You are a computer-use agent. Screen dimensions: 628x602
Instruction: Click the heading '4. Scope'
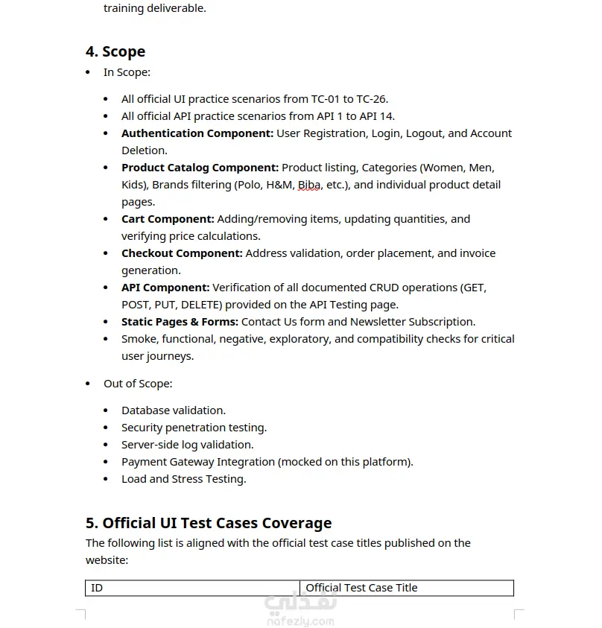pyautogui.click(x=115, y=51)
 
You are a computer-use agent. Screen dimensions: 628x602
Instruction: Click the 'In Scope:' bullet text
pyautogui.click(x=127, y=72)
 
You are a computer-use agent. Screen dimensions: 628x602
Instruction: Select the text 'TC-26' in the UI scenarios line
pyautogui.click(x=371, y=99)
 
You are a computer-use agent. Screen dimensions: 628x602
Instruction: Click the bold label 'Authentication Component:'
pyautogui.click(x=197, y=133)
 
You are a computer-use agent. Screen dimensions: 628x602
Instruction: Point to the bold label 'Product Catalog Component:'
pyautogui.click(x=200, y=168)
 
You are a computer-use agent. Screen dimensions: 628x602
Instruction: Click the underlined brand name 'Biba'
pyautogui.click(x=309, y=185)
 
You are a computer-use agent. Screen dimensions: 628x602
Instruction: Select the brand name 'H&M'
pyautogui.click(x=280, y=185)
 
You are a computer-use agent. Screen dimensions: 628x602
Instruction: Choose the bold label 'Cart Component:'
pyautogui.click(x=168, y=219)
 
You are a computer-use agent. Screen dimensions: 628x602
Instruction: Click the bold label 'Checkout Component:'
pyautogui.click(x=182, y=253)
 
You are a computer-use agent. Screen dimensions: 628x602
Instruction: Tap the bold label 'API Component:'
pyautogui.click(x=165, y=288)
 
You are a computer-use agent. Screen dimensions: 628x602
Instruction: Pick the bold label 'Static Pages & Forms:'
pyautogui.click(x=180, y=322)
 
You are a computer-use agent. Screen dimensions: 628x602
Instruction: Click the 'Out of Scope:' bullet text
pyautogui.click(x=138, y=384)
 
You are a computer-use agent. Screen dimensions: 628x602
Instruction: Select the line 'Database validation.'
pyautogui.click(x=174, y=410)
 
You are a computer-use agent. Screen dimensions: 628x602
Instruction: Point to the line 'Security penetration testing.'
pyautogui.click(x=194, y=428)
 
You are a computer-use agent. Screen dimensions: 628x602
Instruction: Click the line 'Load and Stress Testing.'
pyautogui.click(x=183, y=479)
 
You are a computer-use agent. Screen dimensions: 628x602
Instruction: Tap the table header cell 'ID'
pyautogui.click(x=97, y=588)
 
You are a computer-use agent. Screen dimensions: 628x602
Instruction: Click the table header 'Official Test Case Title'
pyautogui.click(x=361, y=588)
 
